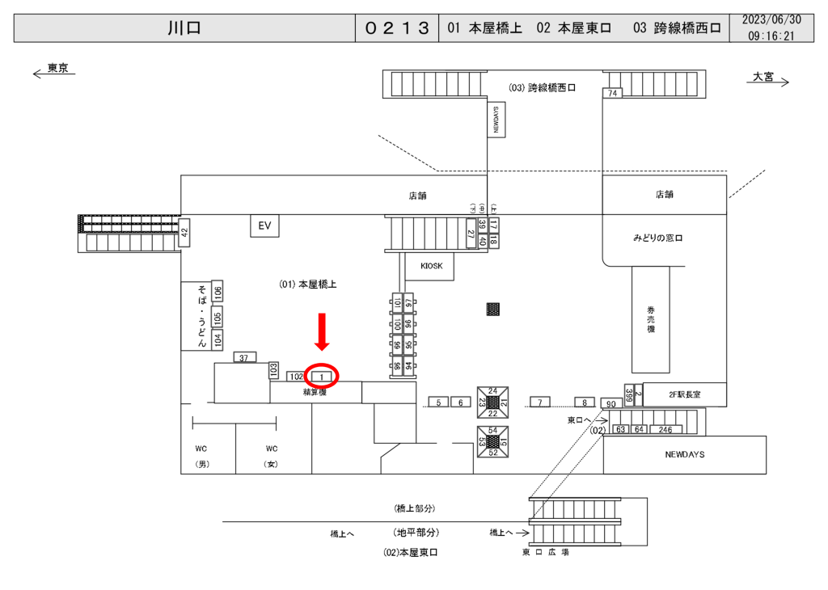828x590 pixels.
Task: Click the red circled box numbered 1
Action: tap(322, 376)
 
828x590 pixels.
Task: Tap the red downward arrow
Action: tap(322, 331)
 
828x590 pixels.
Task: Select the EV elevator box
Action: tap(264, 226)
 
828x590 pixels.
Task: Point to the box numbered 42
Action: tap(184, 233)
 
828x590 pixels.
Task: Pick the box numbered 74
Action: tap(613, 94)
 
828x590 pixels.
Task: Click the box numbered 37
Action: tap(245, 357)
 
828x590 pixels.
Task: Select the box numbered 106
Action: tap(218, 292)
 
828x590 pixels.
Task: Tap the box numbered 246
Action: tap(665, 429)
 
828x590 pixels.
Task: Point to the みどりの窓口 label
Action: tap(658, 238)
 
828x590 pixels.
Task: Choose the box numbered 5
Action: tap(438, 402)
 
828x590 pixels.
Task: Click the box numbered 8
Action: tap(585, 402)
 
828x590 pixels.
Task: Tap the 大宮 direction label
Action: tap(763, 77)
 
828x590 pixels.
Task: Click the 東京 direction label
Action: tap(57, 69)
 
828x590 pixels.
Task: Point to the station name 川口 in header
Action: tap(184, 27)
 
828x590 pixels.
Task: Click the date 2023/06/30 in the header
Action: tap(771, 19)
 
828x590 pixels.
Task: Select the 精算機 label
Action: tap(315, 392)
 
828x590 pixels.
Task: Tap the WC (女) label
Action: tap(272, 456)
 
